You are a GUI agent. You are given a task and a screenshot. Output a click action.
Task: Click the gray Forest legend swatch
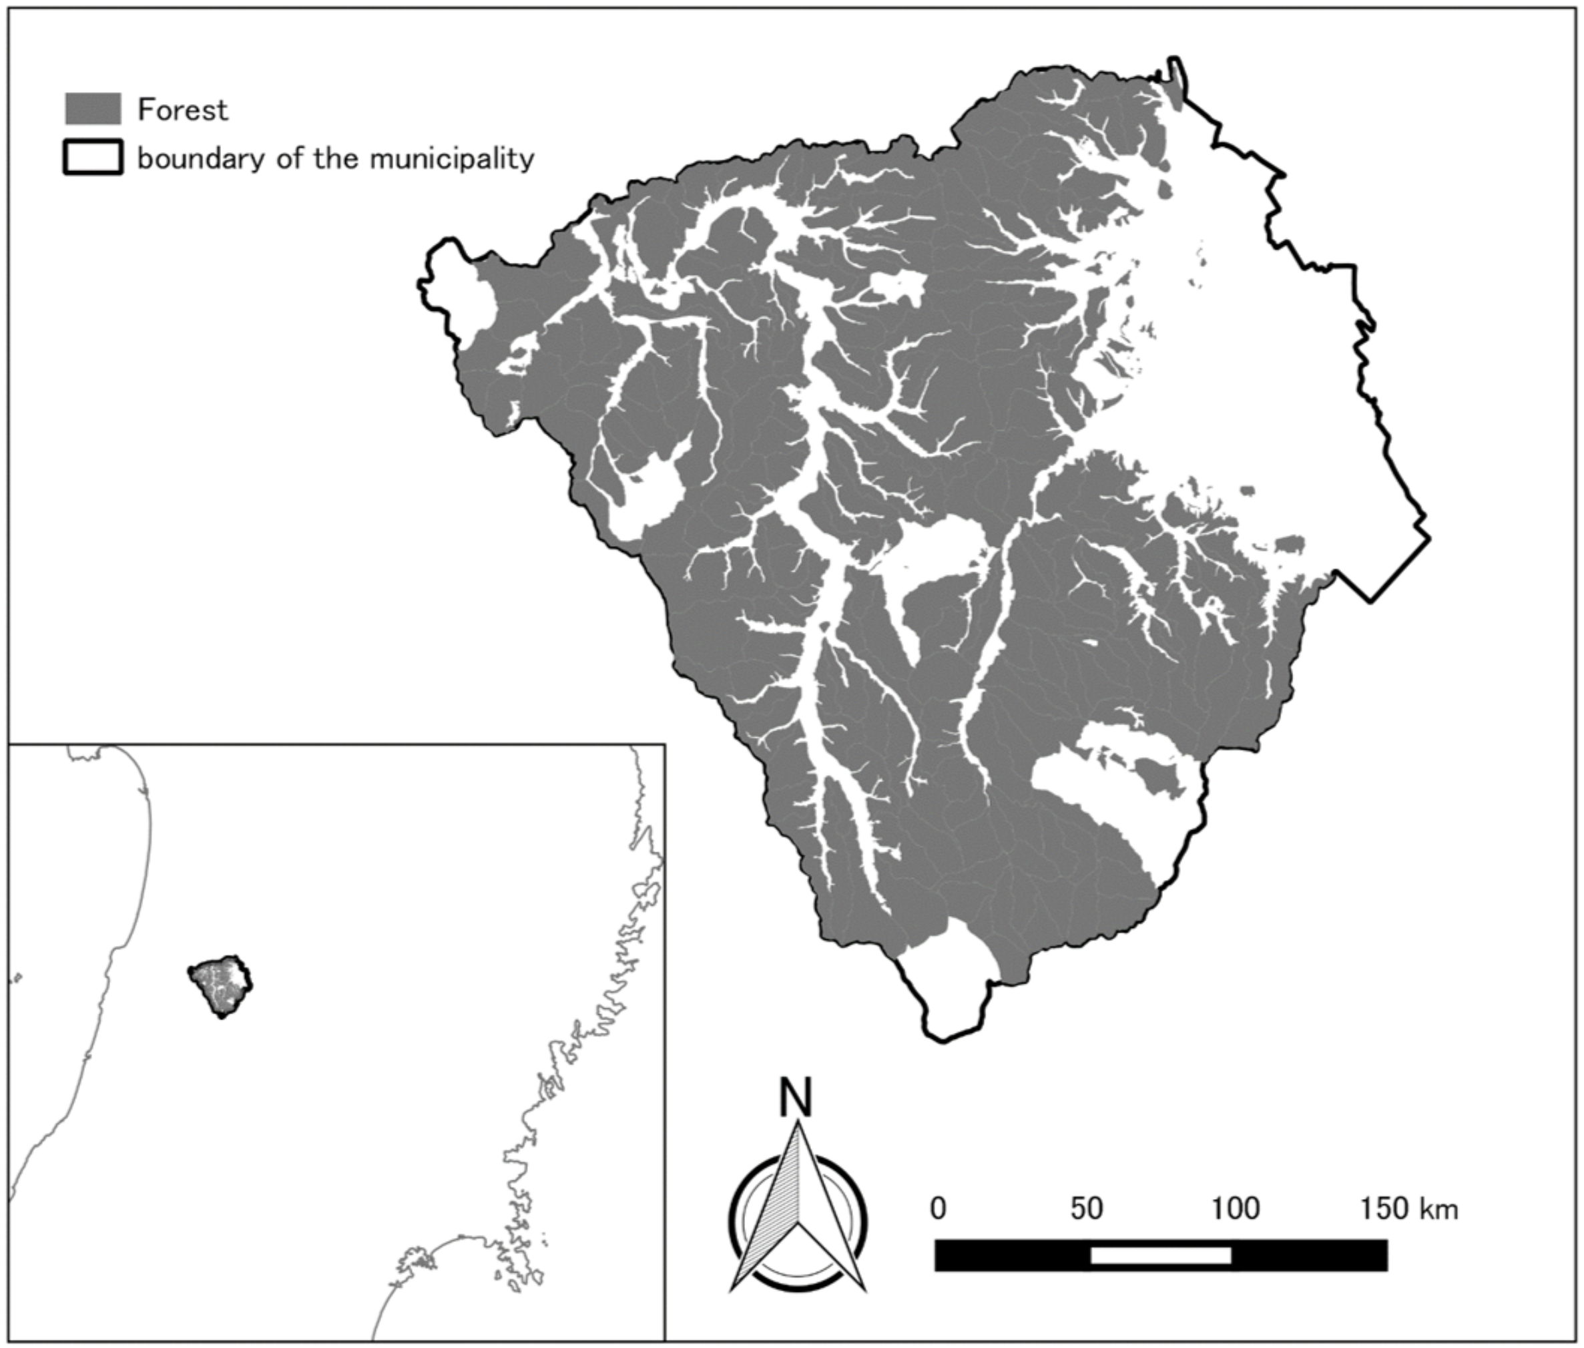point(93,109)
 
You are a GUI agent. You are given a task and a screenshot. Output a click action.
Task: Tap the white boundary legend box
point(93,158)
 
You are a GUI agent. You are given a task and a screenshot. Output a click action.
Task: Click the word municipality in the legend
point(452,159)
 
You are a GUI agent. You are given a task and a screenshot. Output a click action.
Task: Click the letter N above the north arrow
point(796,1098)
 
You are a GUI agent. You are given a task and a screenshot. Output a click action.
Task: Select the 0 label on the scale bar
point(939,1208)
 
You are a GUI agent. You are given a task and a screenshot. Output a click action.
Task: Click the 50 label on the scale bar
point(1086,1208)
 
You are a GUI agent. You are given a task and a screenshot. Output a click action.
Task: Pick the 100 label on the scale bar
point(1236,1208)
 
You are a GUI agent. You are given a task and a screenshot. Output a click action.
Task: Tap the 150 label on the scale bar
point(1384,1208)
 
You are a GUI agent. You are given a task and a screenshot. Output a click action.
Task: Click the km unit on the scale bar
point(1439,1210)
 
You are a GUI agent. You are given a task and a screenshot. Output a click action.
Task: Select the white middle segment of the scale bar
point(1161,1255)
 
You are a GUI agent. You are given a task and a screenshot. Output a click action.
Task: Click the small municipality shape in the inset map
point(221,985)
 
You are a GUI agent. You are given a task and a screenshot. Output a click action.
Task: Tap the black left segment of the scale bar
point(1013,1255)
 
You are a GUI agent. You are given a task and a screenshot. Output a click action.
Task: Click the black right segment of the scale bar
point(1309,1255)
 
